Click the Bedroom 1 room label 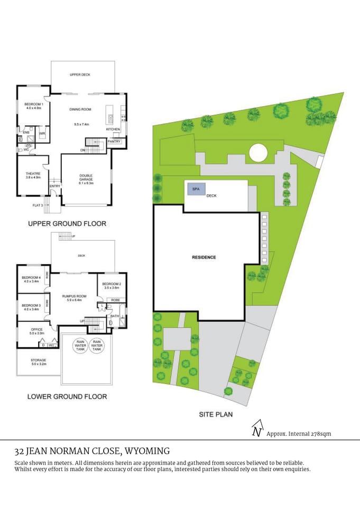(x=33, y=105)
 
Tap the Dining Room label (x=80, y=109)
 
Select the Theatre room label (x=33, y=174)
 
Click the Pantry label (x=115, y=142)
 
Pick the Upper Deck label (x=80, y=75)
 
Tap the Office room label (x=30, y=330)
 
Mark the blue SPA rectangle (x=196, y=189)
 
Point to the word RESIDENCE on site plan (x=204, y=257)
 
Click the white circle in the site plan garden (x=258, y=153)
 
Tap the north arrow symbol (x=257, y=428)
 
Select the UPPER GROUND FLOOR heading (x=67, y=223)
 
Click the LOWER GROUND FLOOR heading (x=67, y=396)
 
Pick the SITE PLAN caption (x=216, y=415)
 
